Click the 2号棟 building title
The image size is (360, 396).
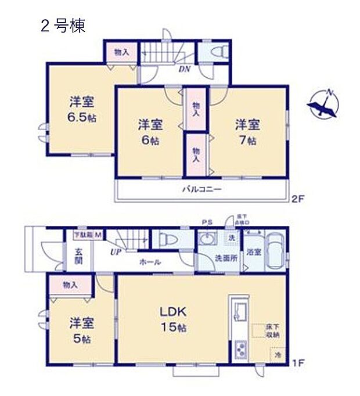pyautogui.click(x=62, y=27)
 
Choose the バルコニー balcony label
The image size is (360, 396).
pyautogui.click(x=201, y=189)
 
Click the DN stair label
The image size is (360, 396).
pyautogui.click(x=184, y=70)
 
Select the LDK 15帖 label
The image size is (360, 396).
pyautogui.click(x=173, y=320)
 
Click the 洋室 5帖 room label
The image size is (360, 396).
pyautogui.click(x=82, y=329)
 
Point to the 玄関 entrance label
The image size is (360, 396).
pyautogui.click(x=78, y=256)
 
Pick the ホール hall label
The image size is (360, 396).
pyautogui.click(x=150, y=262)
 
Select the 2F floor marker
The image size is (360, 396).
pyautogui.click(x=298, y=198)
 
